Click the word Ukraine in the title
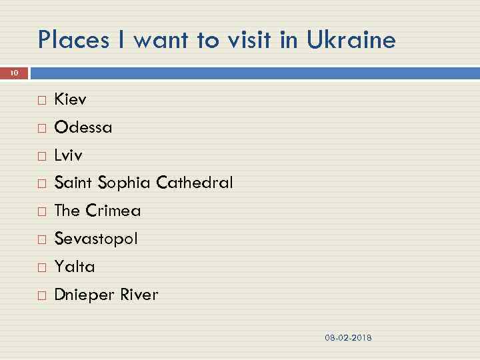(351, 41)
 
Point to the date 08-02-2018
(348, 338)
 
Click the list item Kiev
(70, 100)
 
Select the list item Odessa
(83, 127)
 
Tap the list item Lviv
(68, 155)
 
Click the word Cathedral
(195, 183)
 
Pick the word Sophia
(125, 183)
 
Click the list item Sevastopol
(95, 239)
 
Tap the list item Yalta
(74, 267)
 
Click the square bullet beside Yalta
(42, 267)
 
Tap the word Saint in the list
(73, 183)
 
